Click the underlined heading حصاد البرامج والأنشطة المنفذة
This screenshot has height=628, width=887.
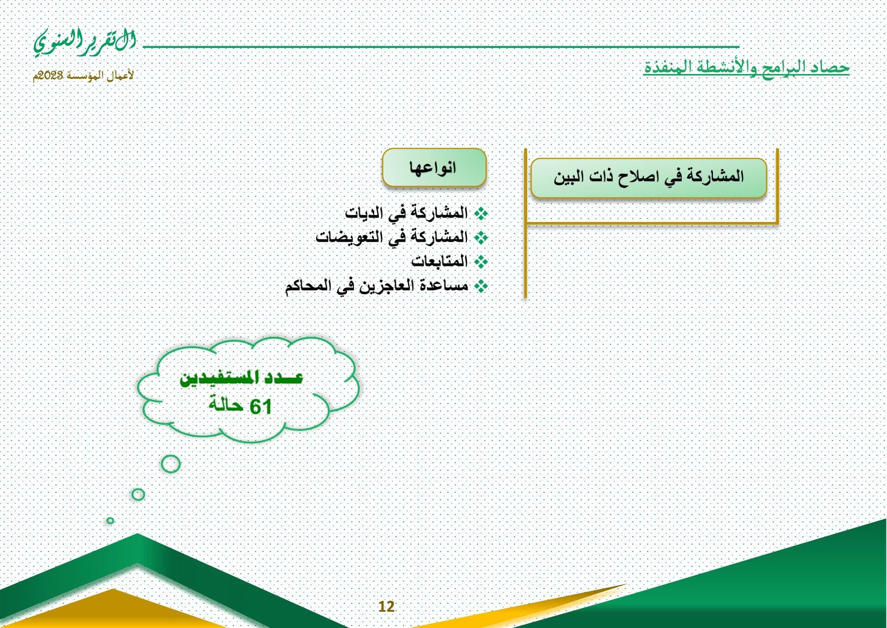tap(746, 67)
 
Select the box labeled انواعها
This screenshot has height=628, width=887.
tap(434, 167)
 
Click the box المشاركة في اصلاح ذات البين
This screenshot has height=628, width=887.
tap(648, 178)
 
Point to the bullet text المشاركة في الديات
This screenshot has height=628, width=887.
tap(406, 213)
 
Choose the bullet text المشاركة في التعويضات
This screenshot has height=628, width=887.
tap(391, 237)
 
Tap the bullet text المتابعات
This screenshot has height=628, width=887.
tap(439, 260)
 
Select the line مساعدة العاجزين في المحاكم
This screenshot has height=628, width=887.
tap(376, 285)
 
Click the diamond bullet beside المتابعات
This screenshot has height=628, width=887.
tap(481, 261)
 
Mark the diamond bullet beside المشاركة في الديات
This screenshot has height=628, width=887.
tap(481, 214)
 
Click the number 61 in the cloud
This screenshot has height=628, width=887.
tap(261, 407)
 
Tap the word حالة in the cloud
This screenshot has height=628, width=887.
tap(226, 405)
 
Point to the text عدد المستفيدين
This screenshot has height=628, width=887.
tap(241, 378)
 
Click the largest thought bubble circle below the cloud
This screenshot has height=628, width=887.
tap(171, 464)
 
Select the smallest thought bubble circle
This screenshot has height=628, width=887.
tap(110, 520)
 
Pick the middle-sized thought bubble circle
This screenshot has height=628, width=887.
tap(138, 494)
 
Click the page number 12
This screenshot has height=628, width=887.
tap(387, 607)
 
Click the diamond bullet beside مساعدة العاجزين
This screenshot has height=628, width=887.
tap(481, 286)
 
